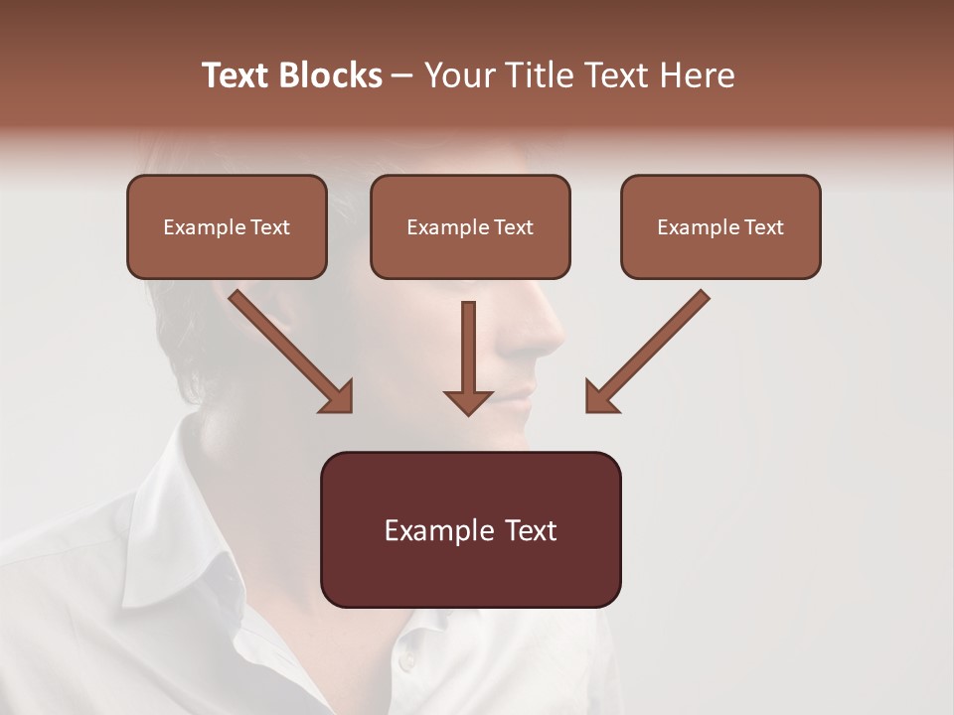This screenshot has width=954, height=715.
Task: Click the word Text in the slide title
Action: (x=237, y=75)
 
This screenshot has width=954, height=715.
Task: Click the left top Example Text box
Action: (x=227, y=226)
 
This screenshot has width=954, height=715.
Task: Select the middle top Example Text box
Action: (x=470, y=226)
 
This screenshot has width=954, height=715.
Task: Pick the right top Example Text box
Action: (x=720, y=226)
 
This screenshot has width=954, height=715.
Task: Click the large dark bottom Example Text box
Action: (x=470, y=529)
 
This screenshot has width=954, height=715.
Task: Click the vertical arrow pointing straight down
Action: (x=468, y=357)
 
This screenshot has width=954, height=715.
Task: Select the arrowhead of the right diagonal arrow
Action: (x=600, y=397)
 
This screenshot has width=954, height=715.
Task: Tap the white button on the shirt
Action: (x=405, y=661)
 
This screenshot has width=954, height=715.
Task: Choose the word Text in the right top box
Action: (x=763, y=227)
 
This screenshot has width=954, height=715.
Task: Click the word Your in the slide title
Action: (x=460, y=75)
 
